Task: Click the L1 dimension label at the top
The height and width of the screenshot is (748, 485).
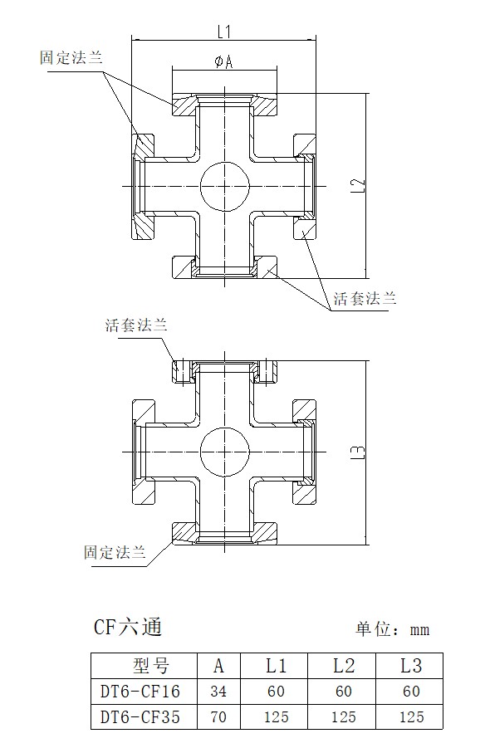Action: pos(224,32)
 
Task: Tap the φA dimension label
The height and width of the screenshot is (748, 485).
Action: pos(223,61)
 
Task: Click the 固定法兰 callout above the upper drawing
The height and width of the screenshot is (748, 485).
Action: pos(71,58)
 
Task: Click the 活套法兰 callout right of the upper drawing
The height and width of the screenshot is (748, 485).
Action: pos(365,299)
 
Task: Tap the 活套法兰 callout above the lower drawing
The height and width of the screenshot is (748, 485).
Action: pos(136,325)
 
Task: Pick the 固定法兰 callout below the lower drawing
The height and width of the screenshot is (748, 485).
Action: pos(115,552)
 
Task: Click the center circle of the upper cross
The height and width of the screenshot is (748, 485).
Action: pos(225,186)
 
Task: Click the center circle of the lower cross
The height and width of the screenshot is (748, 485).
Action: pos(225,452)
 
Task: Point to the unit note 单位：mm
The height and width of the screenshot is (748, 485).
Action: pos(392,629)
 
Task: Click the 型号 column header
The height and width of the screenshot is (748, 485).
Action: pos(151,666)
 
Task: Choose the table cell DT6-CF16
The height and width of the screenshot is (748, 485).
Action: pos(140,692)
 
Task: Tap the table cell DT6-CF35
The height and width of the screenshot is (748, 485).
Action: pos(140,716)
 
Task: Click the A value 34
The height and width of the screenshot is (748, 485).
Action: pos(218,692)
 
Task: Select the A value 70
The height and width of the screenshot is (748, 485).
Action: pos(218,716)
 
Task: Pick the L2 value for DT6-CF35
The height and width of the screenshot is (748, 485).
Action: pos(344,716)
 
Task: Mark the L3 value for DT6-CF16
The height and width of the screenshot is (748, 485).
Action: pos(411,692)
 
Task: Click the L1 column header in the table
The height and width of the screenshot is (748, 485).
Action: pos(276,666)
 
